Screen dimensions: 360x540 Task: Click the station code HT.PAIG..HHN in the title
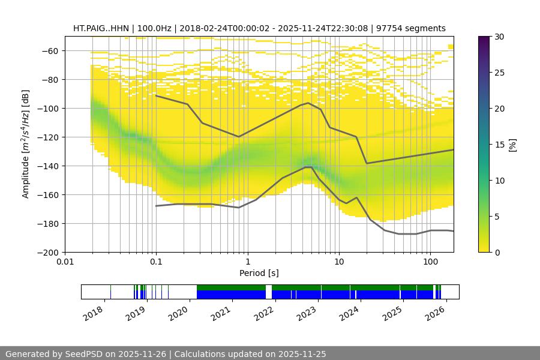coord(101,28)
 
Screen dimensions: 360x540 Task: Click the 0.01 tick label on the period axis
coord(65,262)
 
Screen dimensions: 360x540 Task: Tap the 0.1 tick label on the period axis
coord(156,262)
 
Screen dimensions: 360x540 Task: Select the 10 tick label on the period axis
coord(338,262)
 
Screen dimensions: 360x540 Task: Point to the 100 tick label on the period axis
coord(430,262)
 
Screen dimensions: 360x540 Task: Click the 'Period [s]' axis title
coord(259,273)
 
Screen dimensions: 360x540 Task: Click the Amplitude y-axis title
coord(26,144)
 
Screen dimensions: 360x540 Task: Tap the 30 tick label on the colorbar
coord(499,37)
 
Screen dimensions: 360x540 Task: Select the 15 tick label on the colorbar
coord(499,145)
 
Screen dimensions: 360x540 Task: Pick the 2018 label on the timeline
coord(94,314)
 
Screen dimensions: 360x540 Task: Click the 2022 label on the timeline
coord(264,314)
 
